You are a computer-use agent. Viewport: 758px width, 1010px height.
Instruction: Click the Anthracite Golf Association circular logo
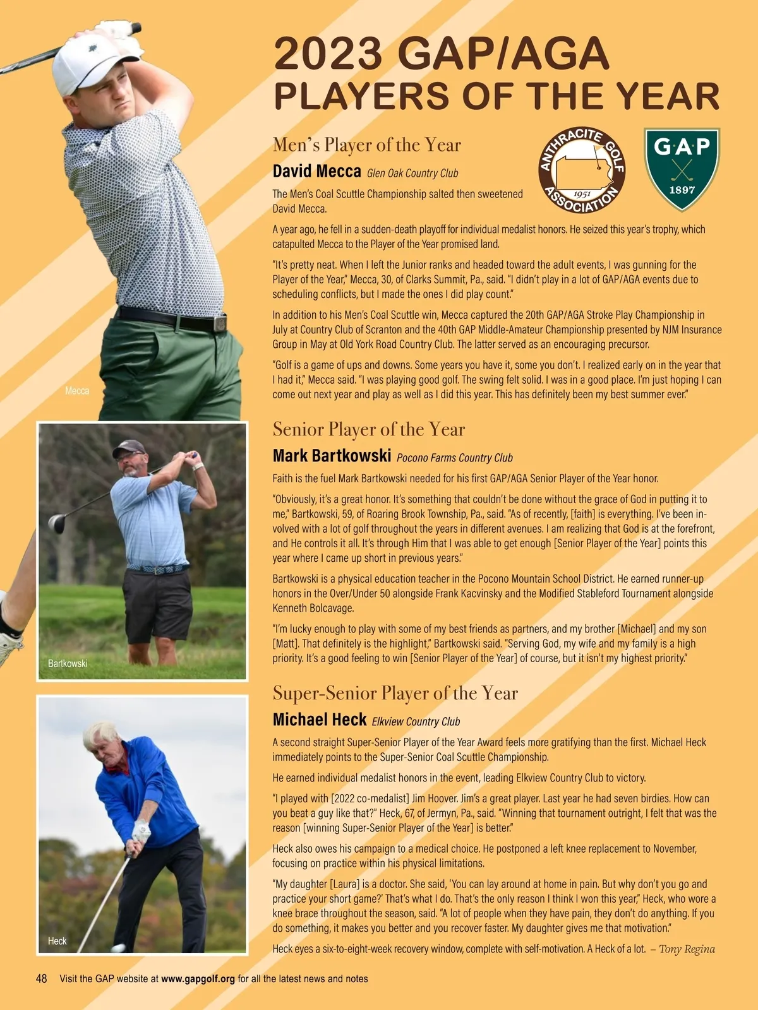pyautogui.click(x=582, y=170)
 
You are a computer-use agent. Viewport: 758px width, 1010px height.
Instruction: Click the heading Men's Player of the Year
pyautogui.click(x=366, y=145)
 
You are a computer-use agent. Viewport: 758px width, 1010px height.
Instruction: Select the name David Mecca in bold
pyautogui.click(x=316, y=171)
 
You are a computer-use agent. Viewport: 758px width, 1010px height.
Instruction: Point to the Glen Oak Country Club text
pyautogui.click(x=412, y=173)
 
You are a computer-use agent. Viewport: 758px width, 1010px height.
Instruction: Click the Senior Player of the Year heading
pyautogui.click(x=368, y=429)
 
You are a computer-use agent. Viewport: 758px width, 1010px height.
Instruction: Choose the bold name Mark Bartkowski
pyautogui.click(x=332, y=456)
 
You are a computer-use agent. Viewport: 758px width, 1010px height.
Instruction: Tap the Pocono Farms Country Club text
pyautogui.click(x=454, y=458)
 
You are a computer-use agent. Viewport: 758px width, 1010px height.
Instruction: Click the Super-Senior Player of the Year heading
pyautogui.click(x=395, y=693)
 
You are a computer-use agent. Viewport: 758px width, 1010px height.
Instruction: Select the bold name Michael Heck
pyautogui.click(x=320, y=720)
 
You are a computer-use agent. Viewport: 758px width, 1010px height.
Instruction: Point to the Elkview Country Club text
pyautogui.click(x=416, y=722)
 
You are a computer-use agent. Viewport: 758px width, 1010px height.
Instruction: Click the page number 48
pyautogui.click(x=42, y=978)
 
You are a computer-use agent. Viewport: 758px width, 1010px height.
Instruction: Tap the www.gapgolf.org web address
pyautogui.click(x=198, y=979)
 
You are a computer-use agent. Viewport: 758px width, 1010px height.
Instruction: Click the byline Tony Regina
pyautogui.click(x=687, y=949)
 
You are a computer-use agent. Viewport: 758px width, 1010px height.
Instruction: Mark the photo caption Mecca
pyautogui.click(x=77, y=391)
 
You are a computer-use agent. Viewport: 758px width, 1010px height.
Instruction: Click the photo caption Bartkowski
pyautogui.click(x=68, y=663)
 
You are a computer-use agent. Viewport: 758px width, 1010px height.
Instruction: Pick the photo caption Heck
pyautogui.click(x=57, y=941)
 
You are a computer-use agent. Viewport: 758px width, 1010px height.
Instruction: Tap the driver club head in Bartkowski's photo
pyautogui.click(x=57, y=524)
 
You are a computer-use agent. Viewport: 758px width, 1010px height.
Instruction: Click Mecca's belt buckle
pyautogui.click(x=219, y=323)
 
